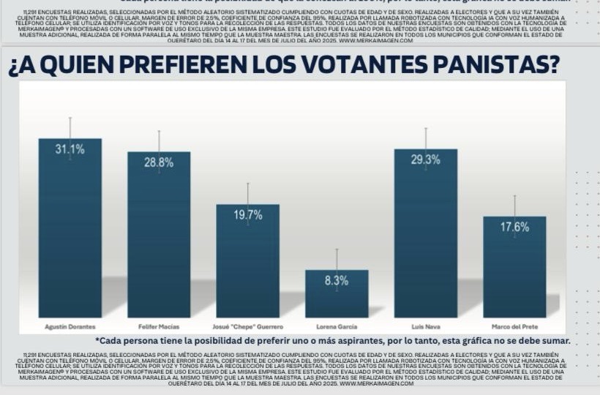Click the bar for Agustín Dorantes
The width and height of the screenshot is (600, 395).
(70, 234)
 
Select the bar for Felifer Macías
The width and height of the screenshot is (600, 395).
(159, 241)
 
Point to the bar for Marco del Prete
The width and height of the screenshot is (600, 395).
(514, 271)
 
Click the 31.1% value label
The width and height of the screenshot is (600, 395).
(70, 149)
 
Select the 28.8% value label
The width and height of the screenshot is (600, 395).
(159, 162)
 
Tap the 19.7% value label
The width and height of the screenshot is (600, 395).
(247, 215)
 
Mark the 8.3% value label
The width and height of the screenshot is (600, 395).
(337, 280)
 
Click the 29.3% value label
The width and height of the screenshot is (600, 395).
(425, 159)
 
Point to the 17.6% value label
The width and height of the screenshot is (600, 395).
(514, 227)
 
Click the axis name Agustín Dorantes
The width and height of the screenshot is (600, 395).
(70, 326)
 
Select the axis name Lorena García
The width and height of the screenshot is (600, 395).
(337, 326)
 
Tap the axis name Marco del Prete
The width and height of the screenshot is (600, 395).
(514, 326)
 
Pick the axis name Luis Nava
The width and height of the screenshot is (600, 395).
(425, 326)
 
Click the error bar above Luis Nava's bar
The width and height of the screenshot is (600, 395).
(425, 139)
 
